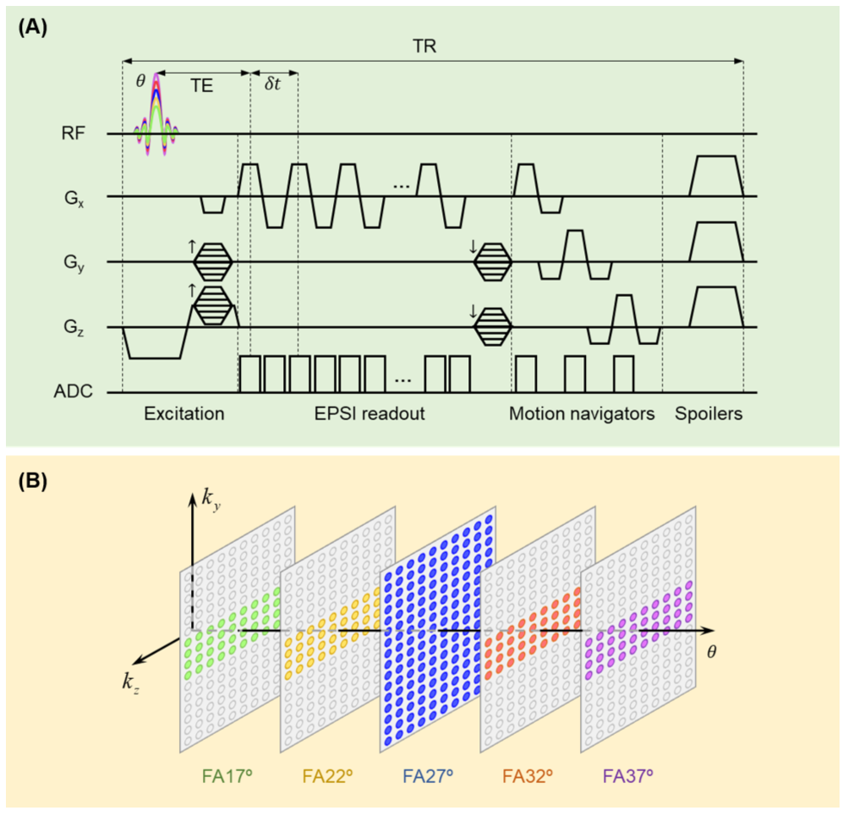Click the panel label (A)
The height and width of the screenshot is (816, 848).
pyautogui.click(x=33, y=26)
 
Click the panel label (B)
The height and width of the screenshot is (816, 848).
pyautogui.click(x=33, y=481)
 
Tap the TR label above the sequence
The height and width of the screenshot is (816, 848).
pyautogui.click(x=424, y=47)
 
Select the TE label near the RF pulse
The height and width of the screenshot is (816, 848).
pyautogui.click(x=201, y=86)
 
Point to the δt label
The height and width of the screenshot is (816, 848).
pyautogui.click(x=272, y=84)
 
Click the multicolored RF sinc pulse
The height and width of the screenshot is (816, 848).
pyautogui.click(x=156, y=115)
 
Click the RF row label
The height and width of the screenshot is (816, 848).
pyautogui.click(x=73, y=133)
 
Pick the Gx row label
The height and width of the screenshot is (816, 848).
pyautogui.click(x=74, y=199)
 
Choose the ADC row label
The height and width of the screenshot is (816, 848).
pyautogui.click(x=73, y=391)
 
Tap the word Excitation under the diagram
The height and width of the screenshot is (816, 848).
pyautogui.click(x=183, y=413)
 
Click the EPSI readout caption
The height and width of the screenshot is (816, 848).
pyautogui.click(x=369, y=413)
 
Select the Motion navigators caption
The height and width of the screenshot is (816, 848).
pyautogui.click(x=582, y=413)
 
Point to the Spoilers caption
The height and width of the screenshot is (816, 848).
pyautogui.click(x=708, y=413)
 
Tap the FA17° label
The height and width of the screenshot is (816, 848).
pyautogui.click(x=227, y=776)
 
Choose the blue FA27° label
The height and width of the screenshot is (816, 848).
pyautogui.click(x=428, y=776)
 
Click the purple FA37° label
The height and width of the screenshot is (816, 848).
pyautogui.click(x=628, y=776)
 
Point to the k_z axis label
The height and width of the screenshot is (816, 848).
pyautogui.click(x=131, y=682)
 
